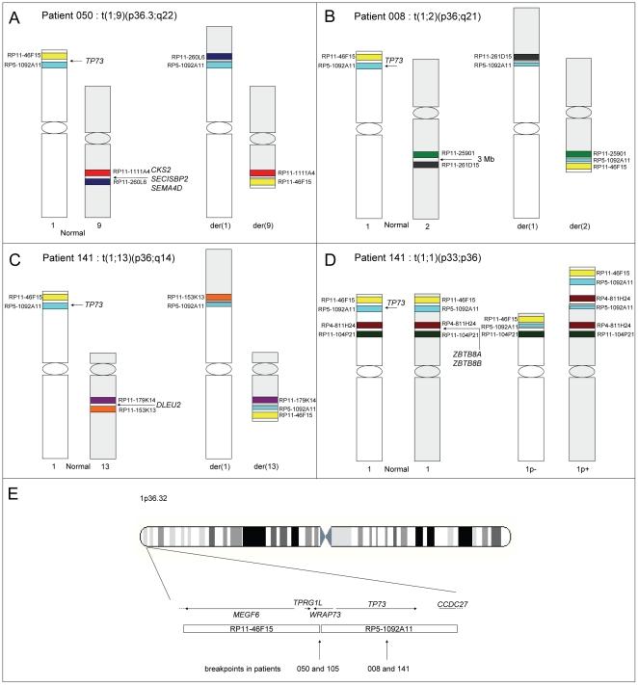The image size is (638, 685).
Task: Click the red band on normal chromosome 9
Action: pos(98,172)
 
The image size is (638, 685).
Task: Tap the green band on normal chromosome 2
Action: pos(425,154)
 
